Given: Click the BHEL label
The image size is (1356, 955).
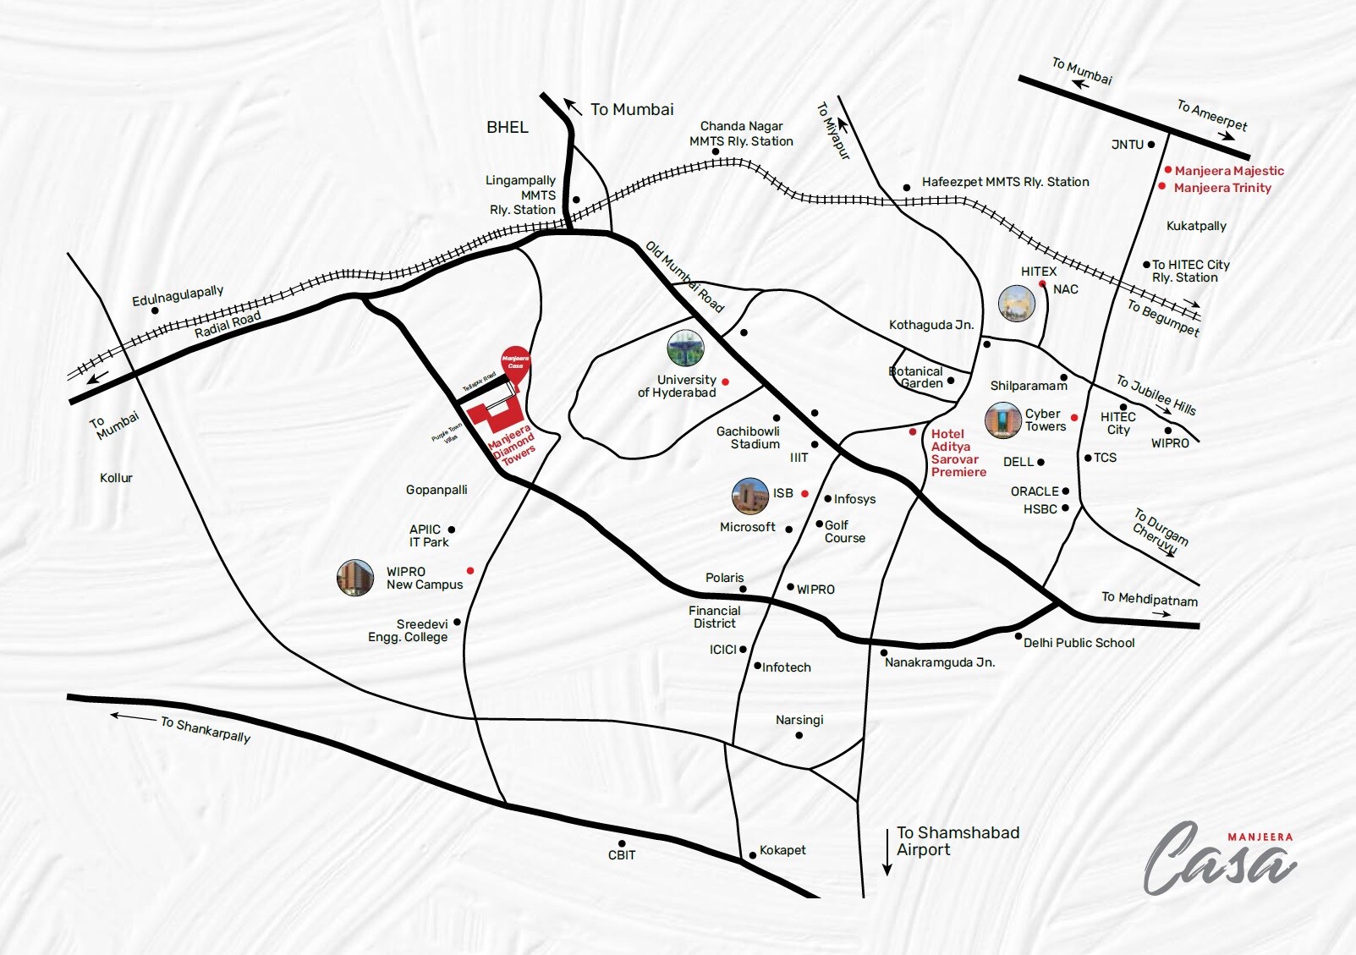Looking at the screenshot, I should [x=507, y=127].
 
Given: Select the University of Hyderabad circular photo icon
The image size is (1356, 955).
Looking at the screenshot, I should [x=685, y=349].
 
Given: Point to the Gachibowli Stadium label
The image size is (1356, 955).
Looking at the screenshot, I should [x=748, y=437].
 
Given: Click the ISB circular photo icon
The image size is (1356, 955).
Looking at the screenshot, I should [x=749, y=496].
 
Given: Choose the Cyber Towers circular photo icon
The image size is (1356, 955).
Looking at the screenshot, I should [x=1002, y=420].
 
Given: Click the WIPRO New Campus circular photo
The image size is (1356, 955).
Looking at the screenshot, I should [x=355, y=578].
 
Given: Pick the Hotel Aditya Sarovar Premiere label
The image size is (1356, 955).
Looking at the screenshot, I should [x=958, y=453].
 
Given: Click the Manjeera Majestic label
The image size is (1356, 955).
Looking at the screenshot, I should [x=1228, y=171].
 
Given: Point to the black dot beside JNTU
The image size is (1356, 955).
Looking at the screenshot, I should [x=1151, y=145].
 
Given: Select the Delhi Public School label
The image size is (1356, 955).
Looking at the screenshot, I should [x=1079, y=643].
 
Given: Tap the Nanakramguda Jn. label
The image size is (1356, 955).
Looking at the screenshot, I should [x=939, y=662].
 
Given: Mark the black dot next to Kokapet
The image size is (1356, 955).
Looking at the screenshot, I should [x=752, y=855].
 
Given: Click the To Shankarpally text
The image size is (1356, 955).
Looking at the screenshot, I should [x=206, y=729].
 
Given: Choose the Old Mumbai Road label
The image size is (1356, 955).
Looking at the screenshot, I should [x=684, y=277].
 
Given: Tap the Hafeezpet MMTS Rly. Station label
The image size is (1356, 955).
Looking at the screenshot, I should [x=1005, y=182].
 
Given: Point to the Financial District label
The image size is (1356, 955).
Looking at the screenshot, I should [x=714, y=617].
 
